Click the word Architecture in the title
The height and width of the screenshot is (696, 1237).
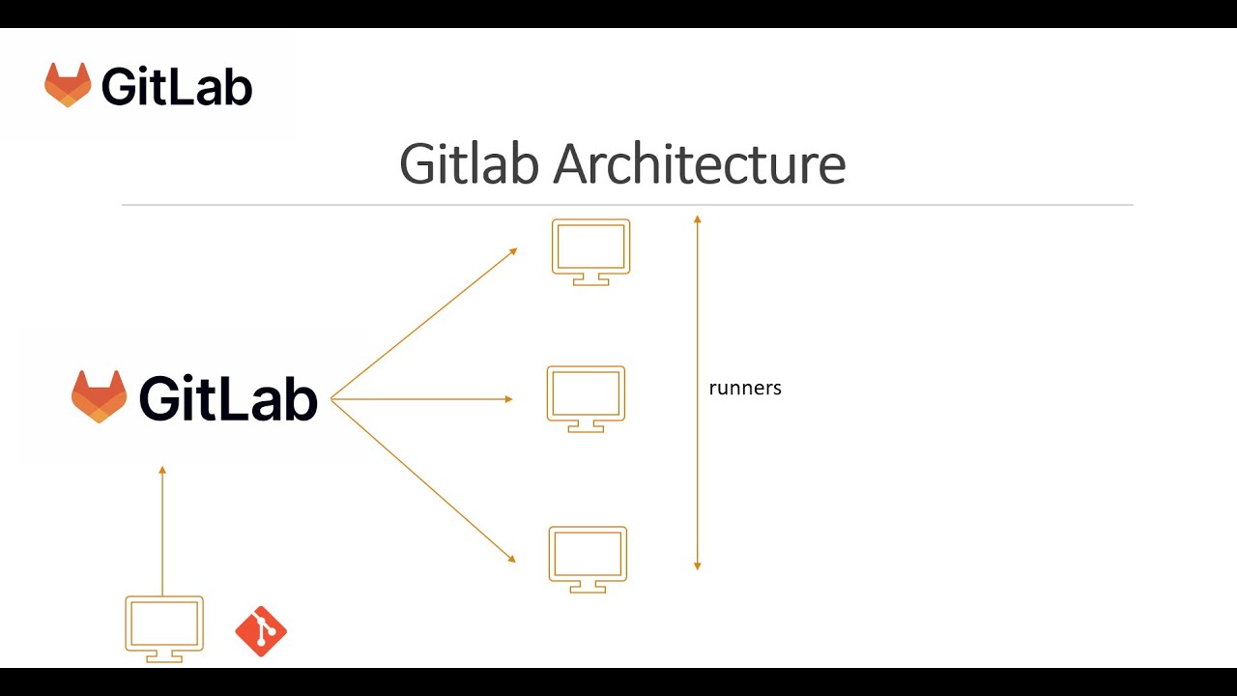pyautogui.click(x=699, y=164)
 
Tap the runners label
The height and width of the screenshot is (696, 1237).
pyautogui.click(x=745, y=389)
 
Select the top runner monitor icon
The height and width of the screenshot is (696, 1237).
pyautogui.click(x=590, y=250)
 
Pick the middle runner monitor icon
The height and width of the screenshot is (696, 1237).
pyautogui.click(x=586, y=397)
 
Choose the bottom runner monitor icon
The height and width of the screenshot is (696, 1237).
pyautogui.click(x=588, y=558)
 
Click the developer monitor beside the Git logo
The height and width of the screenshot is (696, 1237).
pyautogui.click(x=164, y=627)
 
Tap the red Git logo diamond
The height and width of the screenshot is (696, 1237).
pyautogui.click(x=261, y=631)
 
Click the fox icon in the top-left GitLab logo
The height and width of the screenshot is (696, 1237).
pyautogui.click(x=68, y=85)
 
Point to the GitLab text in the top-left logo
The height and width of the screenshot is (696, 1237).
pyautogui.click(x=177, y=87)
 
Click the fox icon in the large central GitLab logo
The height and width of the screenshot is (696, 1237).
pyautogui.click(x=99, y=396)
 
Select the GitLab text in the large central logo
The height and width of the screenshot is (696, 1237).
pyautogui.click(x=228, y=397)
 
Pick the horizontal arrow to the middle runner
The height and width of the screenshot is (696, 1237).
pyautogui.click(x=421, y=399)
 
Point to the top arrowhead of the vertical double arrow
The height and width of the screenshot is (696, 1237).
pyautogui.click(x=697, y=219)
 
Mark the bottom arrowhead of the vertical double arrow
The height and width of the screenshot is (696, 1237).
pyautogui.click(x=697, y=565)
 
